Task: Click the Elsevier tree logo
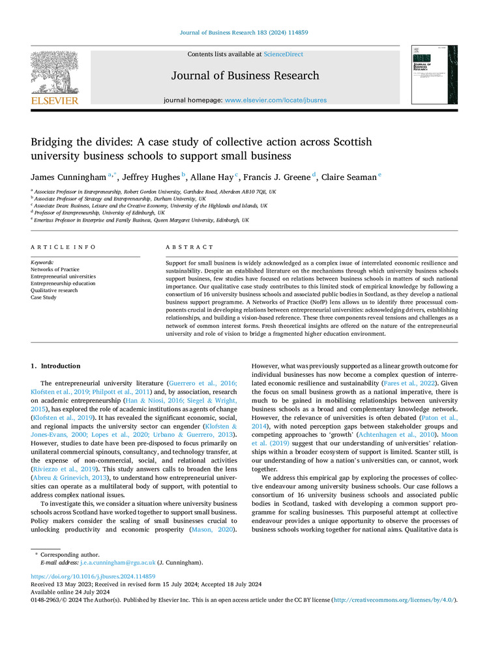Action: tap(54, 73)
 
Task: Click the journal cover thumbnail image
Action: tap(434, 74)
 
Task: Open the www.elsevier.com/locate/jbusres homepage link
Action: tap(276, 100)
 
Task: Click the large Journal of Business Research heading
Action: tap(245, 76)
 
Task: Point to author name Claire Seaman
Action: tap(349, 177)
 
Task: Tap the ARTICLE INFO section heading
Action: tap(63, 247)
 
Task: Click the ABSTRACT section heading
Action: tap(189, 247)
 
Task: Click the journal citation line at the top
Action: tap(244, 33)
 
